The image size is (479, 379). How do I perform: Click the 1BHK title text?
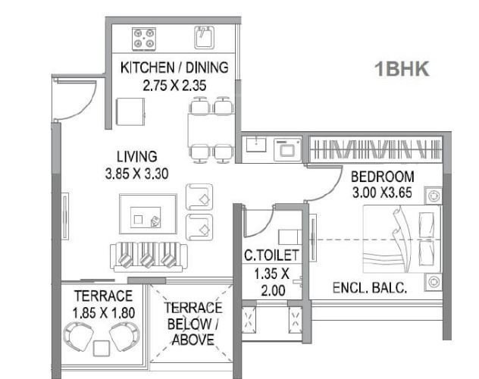(x=402, y=69)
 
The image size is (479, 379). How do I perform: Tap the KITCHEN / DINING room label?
(x=174, y=68)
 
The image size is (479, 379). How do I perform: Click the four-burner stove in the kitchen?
(x=143, y=36)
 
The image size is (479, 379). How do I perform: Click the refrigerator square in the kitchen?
(x=130, y=114)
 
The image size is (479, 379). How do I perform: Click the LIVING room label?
(x=136, y=157)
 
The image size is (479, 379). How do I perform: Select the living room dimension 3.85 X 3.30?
(x=136, y=173)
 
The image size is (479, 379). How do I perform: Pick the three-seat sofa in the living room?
(x=148, y=256)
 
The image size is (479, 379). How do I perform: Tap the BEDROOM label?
(x=382, y=177)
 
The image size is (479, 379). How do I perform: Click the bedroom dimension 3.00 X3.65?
(x=382, y=193)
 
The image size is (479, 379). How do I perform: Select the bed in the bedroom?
(x=402, y=239)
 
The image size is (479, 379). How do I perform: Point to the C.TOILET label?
(x=271, y=255)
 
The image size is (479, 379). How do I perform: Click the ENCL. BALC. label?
(x=371, y=288)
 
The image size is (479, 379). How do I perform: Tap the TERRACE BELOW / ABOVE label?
(x=193, y=324)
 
